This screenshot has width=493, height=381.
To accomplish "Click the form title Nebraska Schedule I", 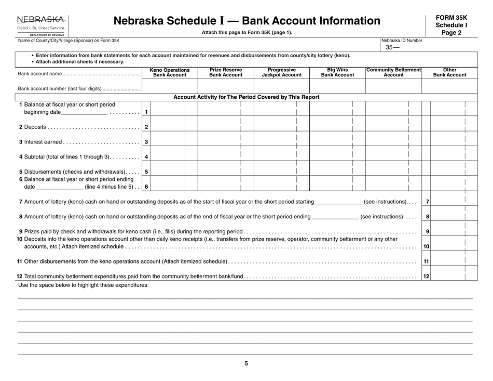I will pyautogui.click(x=246, y=21).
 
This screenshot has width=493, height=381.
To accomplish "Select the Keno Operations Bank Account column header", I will pyautogui.click(x=169, y=73).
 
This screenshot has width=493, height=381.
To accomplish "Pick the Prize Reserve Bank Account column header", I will pyautogui.click(x=225, y=73).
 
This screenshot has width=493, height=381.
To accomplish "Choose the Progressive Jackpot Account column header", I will pyautogui.click(x=281, y=73).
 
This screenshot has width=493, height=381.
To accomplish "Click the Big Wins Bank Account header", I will pyautogui.click(x=337, y=73).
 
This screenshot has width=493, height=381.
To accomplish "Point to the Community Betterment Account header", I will pyautogui.click(x=393, y=73).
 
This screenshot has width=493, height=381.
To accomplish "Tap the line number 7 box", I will pyautogui.click(x=427, y=201).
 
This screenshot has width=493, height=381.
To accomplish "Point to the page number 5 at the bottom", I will pyautogui.click(x=246, y=364).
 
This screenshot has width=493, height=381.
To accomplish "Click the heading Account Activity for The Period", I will pyautogui.click(x=246, y=97).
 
